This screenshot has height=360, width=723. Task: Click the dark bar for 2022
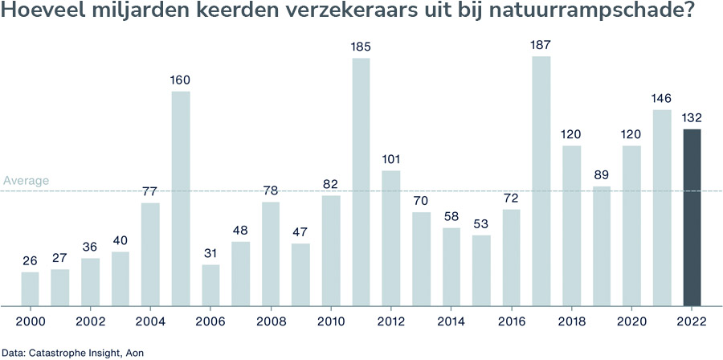click(x=692, y=217)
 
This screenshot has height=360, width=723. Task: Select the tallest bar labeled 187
click(x=541, y=181)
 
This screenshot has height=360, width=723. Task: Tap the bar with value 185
click(x=361, y=182)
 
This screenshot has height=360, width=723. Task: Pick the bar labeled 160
click(x=180, y=198)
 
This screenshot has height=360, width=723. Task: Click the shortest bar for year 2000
click(x=30, y=288)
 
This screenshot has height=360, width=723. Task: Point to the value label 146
click(x=661, y=99)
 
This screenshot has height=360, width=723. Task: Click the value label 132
click(x=692, y=118)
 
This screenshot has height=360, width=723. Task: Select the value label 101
click(x=390, y=159)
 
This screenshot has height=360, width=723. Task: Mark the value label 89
click(x=602, y=175)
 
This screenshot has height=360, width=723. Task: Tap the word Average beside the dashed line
click(x=26, y=181)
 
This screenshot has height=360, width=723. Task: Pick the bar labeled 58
click(x=451, y=267)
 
